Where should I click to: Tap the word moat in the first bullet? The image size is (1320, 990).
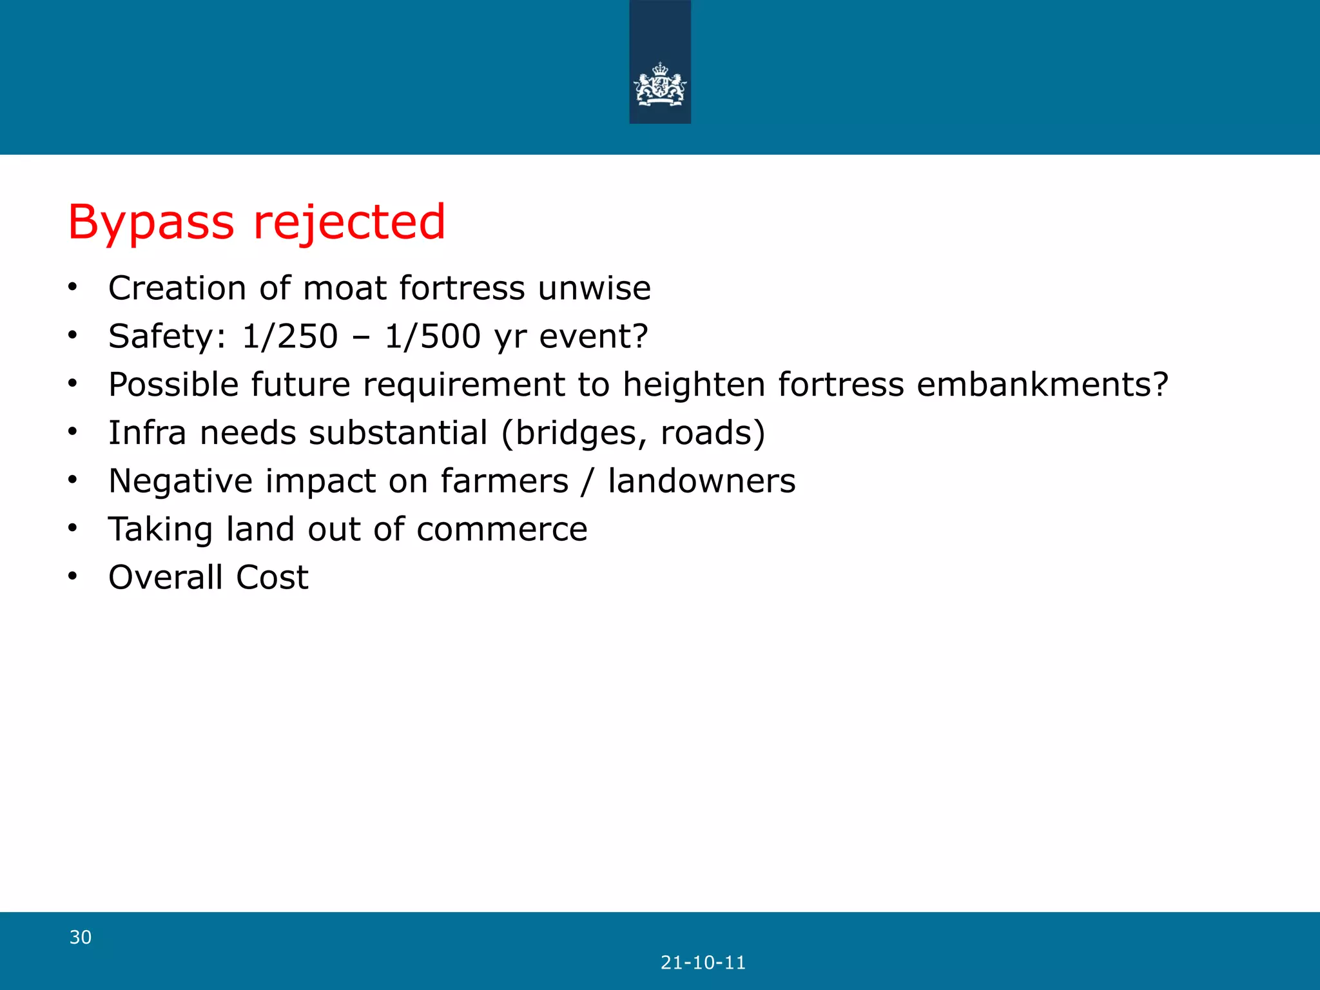pos(344,288)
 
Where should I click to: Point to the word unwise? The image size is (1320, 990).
pos(594,288)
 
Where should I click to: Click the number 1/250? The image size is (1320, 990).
pos(289,336)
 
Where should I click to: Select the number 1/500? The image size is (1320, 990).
pos(432,336)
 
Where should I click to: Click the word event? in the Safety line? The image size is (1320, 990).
pos(593,336)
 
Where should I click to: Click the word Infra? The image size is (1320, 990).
pos(147,432)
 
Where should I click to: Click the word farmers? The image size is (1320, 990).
pos(504,481)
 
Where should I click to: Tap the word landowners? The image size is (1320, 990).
pos(701,481)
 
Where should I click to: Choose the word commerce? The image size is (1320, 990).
pos(501,530)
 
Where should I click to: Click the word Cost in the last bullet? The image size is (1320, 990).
pos(272,577)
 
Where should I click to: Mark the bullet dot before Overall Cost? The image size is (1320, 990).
pos(73,576)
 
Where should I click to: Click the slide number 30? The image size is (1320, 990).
pos(81,937)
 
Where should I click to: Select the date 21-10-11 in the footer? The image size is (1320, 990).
pos(703,963)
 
